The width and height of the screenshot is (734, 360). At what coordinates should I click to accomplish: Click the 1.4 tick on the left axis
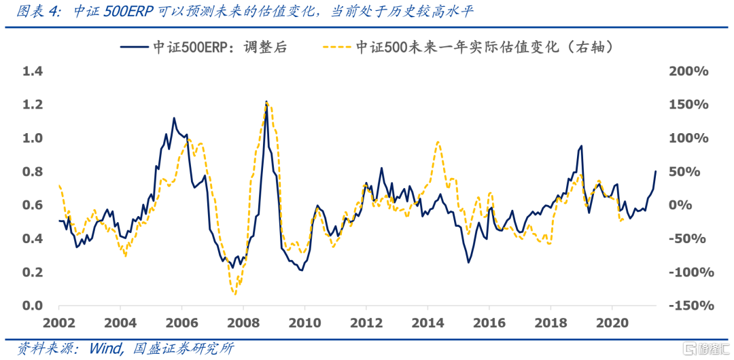[32, 71]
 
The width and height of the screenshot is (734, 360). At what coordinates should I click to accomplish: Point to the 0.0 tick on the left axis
[32, 306]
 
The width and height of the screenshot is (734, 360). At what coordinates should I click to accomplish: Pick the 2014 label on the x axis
[428, 322]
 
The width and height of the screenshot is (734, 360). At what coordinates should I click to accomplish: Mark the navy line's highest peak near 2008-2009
[266, 101]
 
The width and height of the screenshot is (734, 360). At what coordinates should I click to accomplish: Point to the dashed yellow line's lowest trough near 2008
[235, 293]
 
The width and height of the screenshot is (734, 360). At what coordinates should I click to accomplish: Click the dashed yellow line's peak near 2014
[438, 142]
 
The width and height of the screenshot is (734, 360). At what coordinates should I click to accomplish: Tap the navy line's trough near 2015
[468, 262]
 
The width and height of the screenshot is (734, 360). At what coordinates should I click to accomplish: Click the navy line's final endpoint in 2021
[656, 171]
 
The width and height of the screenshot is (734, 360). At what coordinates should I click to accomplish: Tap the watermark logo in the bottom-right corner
[706, 348]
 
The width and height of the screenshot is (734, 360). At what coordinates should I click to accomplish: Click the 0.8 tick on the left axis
[32, 172]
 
